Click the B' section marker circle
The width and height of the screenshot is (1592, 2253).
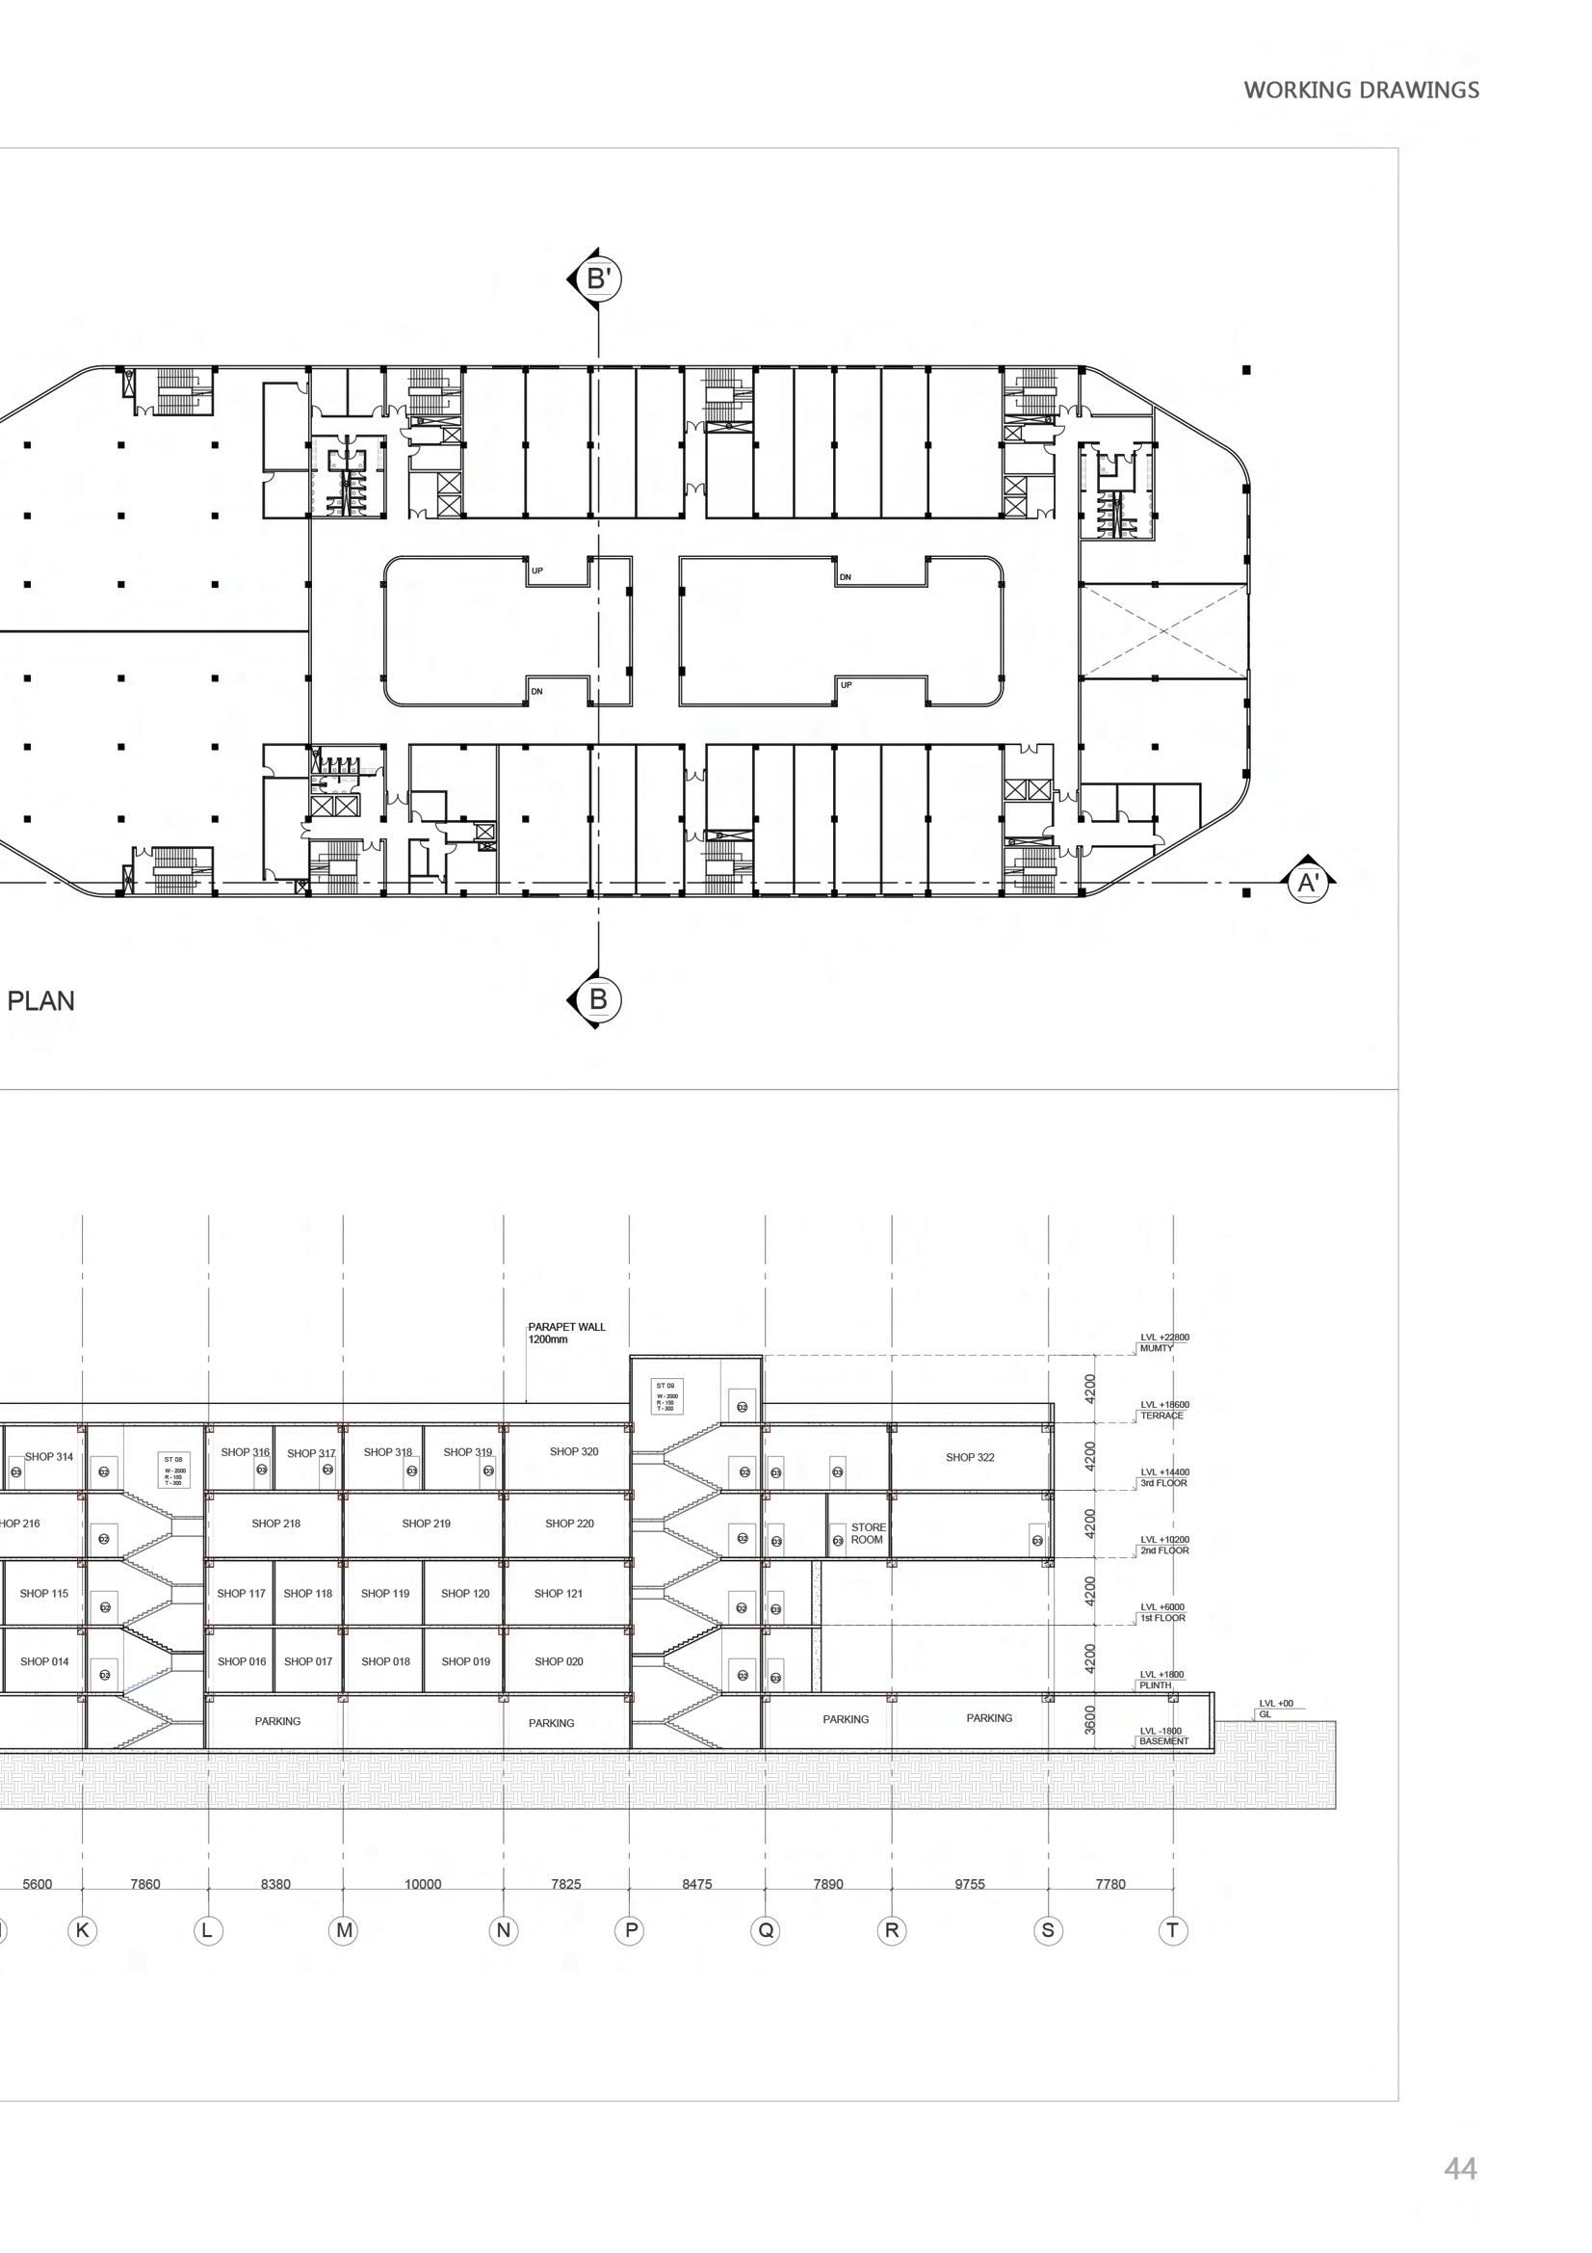pos(599,279)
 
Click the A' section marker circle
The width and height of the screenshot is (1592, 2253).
pos(1307,883)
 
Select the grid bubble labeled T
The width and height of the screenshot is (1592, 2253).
pos(1173,1931)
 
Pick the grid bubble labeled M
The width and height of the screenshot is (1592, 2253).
pos(344,1931)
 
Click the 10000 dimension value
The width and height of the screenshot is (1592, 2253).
pos(423,1884)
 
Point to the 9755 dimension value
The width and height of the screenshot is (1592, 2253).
pos(969,1884)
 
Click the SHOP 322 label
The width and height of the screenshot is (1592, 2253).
pos(969,1457)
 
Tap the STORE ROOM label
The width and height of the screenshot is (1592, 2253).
pos(867,1534)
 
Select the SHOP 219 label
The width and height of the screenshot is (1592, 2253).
pos(426,1524)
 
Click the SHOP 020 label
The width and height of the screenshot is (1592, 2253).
pos(559,1661)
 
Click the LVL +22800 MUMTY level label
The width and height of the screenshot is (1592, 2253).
pos(1164,1342)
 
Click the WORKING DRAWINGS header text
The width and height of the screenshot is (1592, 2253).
pos(1361,91)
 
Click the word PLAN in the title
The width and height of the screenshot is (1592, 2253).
pos(41,1001)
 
